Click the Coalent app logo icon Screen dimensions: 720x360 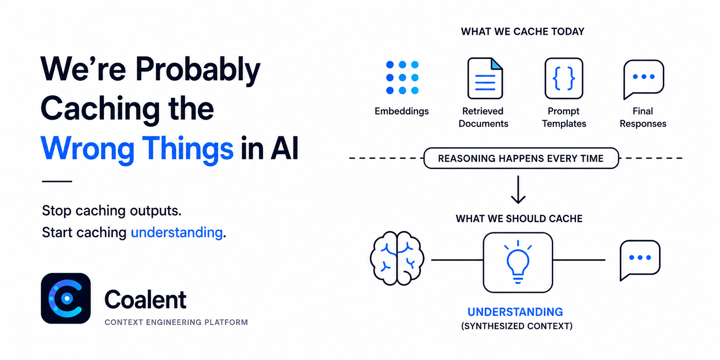(x=66, y=298)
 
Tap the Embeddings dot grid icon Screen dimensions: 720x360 (x=402, y=78)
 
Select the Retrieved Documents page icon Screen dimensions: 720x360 (x=485, y=78)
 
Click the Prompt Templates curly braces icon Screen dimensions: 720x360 (x=564, y=78)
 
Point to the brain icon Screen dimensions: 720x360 (x=397, y=258)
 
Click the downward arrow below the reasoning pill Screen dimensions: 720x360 (x=518, y=190)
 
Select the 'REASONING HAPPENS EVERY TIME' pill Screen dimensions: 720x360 (x=521, y=158)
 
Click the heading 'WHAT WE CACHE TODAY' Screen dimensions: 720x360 (x=522, y=32)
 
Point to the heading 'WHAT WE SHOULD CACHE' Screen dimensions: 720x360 (x=519, y=219)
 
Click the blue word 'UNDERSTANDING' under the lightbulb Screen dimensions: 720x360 (x=515, y=312)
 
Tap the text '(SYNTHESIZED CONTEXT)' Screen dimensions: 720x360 (x=517, y=326)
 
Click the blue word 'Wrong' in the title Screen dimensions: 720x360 (x=87, y=149)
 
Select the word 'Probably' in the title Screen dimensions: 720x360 (x=198, y=70)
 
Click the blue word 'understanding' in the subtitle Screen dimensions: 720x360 (x=177, y=233)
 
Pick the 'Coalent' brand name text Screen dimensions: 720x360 (x=145, y=300)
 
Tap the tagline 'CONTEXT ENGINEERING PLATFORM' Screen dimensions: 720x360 (x=176, y=322)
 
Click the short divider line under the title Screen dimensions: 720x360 (x=57, y=181)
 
